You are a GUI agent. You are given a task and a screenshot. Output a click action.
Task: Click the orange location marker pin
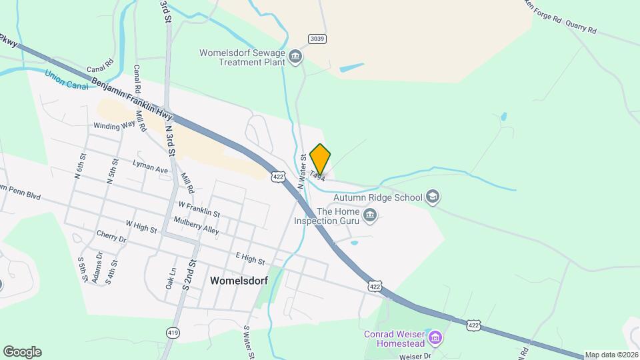tap(321, 159)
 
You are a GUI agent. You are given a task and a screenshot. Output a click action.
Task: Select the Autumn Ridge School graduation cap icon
tap(433, 197)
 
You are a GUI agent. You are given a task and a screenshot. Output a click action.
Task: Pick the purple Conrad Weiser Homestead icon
tap(436, 337)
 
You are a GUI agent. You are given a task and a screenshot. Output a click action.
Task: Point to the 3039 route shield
tap(317, 39)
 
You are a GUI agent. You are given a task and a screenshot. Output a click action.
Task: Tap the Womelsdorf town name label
tap(238, 281)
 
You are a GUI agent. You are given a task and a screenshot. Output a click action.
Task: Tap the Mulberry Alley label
tap(196, 225)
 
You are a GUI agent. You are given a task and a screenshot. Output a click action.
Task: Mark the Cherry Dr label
tap(111, 237)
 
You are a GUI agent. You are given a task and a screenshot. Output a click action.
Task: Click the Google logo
tap(21, 351)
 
